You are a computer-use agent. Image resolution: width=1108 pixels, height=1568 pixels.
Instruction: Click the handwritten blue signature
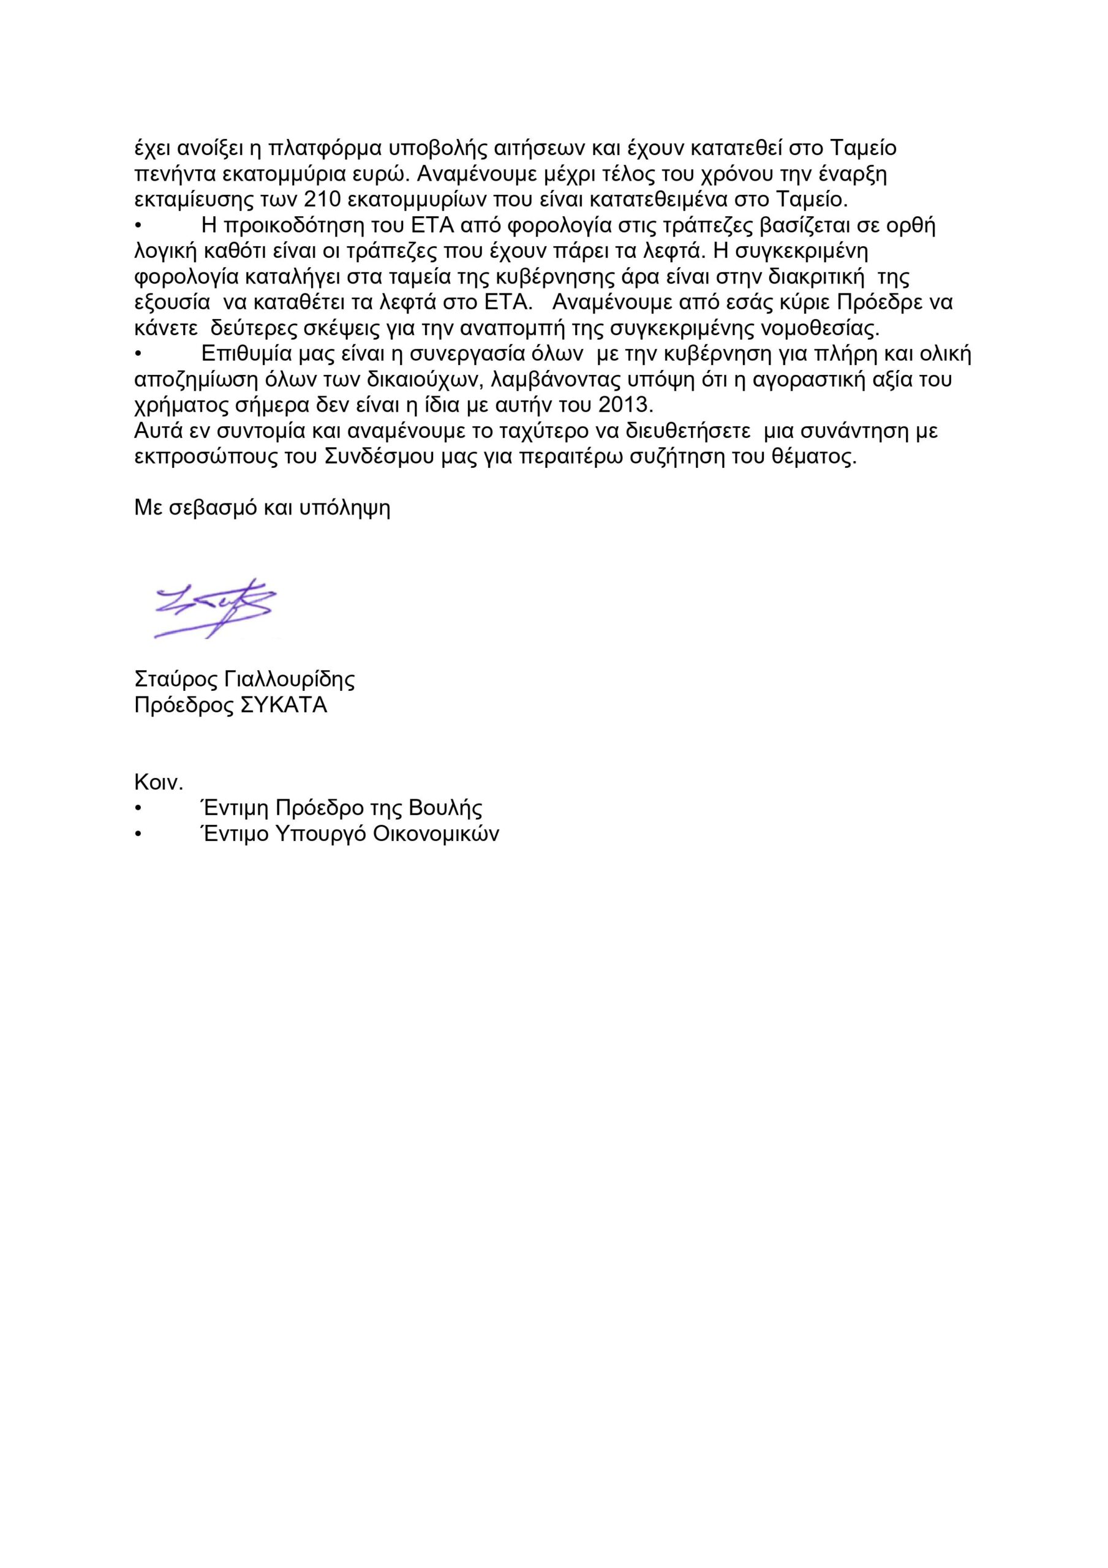[x=215, y=608]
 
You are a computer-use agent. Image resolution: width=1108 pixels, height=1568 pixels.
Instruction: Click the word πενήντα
[x=175, y=174]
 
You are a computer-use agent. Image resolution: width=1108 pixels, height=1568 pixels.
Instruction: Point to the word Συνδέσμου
[x=377, y=457]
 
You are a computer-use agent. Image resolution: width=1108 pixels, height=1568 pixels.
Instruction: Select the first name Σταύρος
[x=176, y=679]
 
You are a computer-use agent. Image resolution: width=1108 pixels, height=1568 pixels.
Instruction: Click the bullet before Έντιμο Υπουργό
[x=138, y=834]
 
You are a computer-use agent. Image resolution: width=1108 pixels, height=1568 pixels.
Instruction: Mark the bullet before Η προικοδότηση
[x=138, y=226]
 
